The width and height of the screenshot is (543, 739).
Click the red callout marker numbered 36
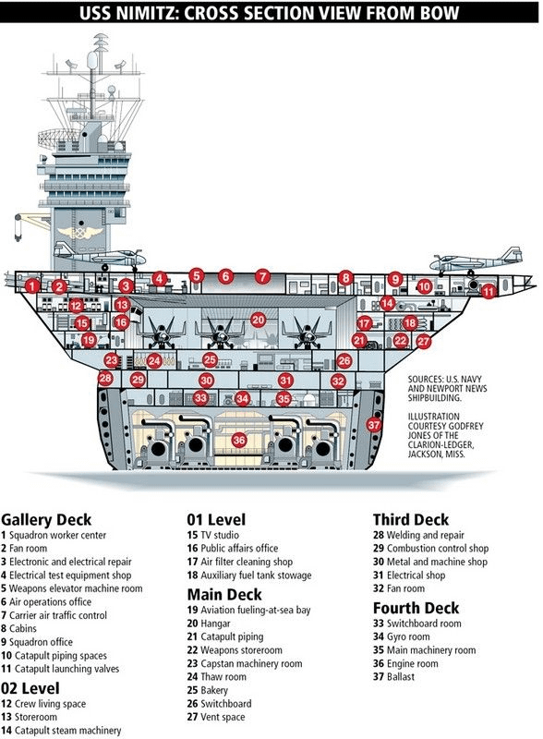pos(239,441)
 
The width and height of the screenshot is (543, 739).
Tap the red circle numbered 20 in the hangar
pos(258,321)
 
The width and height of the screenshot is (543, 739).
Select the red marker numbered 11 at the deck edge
pos(489,291)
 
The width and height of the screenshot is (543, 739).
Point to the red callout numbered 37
pos(374,425)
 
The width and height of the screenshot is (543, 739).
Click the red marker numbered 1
pos(31,285)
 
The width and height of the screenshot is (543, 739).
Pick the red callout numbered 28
pos(105,378)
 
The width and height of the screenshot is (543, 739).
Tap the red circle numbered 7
pos(262,276)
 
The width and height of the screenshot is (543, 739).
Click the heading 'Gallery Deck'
pos(46,519)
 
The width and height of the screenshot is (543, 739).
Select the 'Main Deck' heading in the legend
pos(224,594)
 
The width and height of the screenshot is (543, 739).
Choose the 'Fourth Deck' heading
pos(416,608)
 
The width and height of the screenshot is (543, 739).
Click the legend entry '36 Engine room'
pos(405,663)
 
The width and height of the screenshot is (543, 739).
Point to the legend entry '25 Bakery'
pos(208,690)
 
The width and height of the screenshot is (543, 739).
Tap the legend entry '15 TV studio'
pos(212,535)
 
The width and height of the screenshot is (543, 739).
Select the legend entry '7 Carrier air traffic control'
pos(54,615)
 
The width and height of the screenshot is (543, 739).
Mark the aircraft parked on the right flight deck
pos(477,260)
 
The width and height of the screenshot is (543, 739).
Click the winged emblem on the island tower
pos(80,233)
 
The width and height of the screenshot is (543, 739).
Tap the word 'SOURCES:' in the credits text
pos(425,379)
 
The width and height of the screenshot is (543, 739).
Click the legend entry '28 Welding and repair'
pos(418,536)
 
